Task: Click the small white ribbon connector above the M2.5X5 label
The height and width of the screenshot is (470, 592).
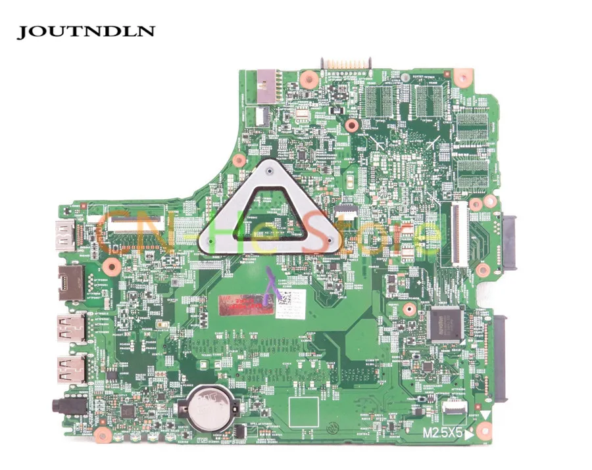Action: pyautogui.click(x=455, y=406)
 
